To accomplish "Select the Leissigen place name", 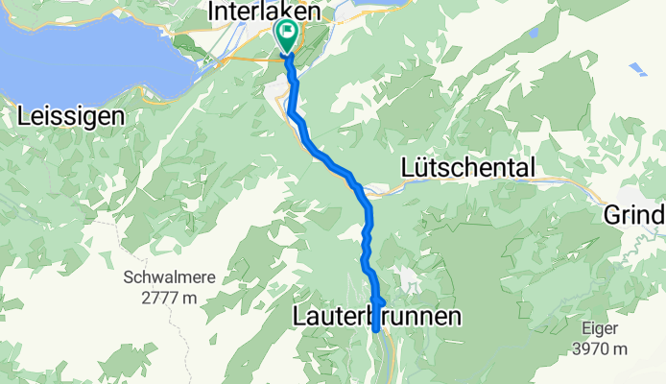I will (x=71, y=117).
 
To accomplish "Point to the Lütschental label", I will (x=466, y=168).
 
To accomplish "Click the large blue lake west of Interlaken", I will (x=86, y=58).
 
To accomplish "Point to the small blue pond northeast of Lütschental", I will (x=638, y=69).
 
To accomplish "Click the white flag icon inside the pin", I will (x=287, y=33).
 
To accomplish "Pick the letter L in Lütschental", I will (x=405, y=168).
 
